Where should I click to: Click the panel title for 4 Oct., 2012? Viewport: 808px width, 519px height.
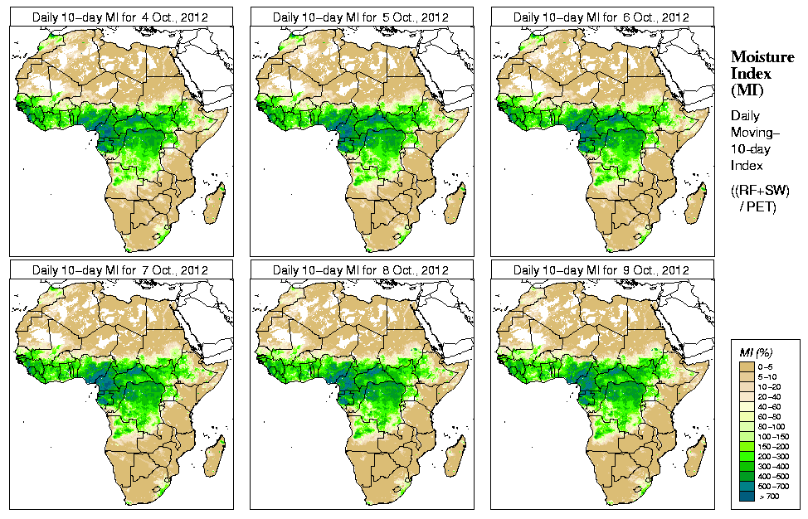click(x=119, y=17)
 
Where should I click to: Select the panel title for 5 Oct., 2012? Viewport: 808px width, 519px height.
click(x=361, y=17)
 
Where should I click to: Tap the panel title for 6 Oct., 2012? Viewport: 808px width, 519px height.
click(x=601, y=17)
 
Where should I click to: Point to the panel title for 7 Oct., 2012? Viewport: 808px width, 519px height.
click(x=119, y=270)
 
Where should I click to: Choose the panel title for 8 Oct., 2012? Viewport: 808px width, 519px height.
click(x=361, y=270)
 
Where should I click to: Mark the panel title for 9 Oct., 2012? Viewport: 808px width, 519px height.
click(x=601, y=270)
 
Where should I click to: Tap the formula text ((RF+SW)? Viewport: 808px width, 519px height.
click(x=761, y=192)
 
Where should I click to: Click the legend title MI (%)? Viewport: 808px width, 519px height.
click(x=756, y=353)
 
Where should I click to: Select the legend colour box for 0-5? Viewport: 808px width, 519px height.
click(x=747, y=366)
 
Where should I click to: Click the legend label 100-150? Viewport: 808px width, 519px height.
click(x=777, y=436)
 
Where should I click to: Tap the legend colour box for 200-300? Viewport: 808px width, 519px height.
click(x=747, y=456)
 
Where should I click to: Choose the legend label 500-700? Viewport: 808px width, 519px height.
click(x=777, y=486)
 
